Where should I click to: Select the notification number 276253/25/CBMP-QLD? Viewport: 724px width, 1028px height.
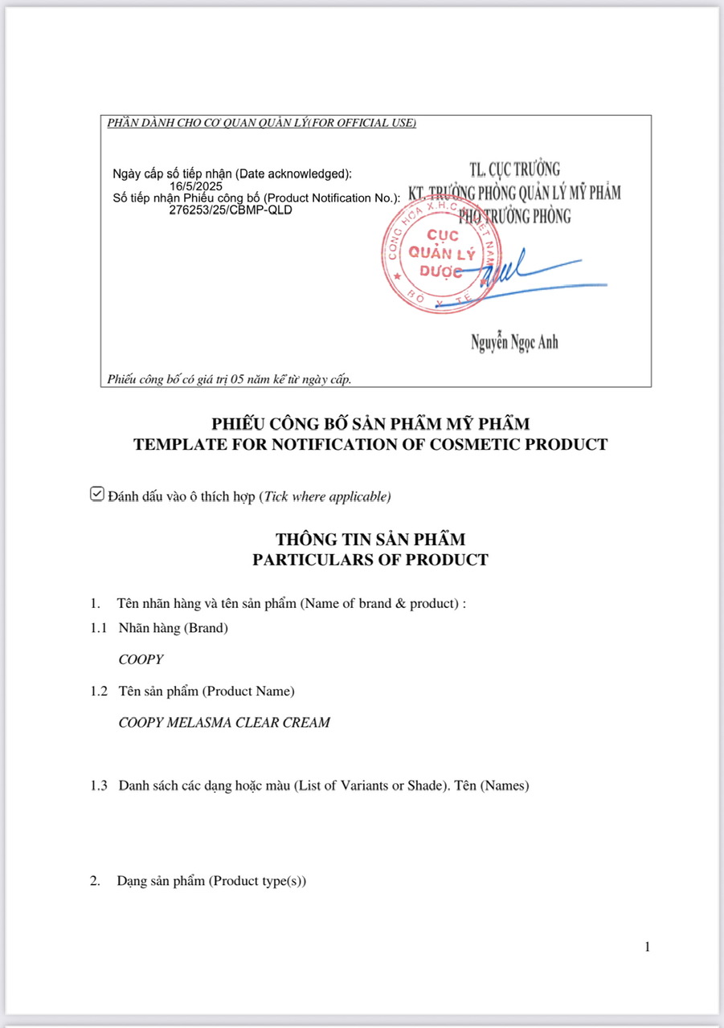pos(231,210)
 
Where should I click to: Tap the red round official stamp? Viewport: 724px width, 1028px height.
pos(440,255)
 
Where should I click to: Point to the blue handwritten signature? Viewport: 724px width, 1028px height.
pos(530,275)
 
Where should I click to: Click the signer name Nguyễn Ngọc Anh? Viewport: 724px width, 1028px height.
pos(514,343)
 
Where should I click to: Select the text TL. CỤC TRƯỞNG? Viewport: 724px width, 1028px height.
pos(515,169)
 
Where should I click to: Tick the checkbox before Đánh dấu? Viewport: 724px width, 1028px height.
pos(97,494)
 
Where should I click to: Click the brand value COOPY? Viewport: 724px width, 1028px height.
pos(141,659)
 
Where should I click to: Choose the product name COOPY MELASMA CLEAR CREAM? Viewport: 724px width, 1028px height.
pos(224,722)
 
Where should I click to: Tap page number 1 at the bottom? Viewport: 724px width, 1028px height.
pos(647,947)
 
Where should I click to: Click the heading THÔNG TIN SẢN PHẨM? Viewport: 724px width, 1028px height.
pos(370,539)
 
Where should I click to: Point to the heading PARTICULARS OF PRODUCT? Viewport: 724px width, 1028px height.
pos(370,560)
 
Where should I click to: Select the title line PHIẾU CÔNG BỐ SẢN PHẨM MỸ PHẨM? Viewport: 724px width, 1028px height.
pos(370,423)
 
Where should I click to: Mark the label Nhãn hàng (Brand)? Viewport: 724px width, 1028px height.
pos(173,628)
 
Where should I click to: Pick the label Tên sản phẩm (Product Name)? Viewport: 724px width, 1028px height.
pos(207,691)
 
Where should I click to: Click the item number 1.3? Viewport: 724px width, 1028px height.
pos(99,785)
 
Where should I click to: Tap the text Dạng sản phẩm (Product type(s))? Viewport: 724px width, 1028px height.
pos(211,880)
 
